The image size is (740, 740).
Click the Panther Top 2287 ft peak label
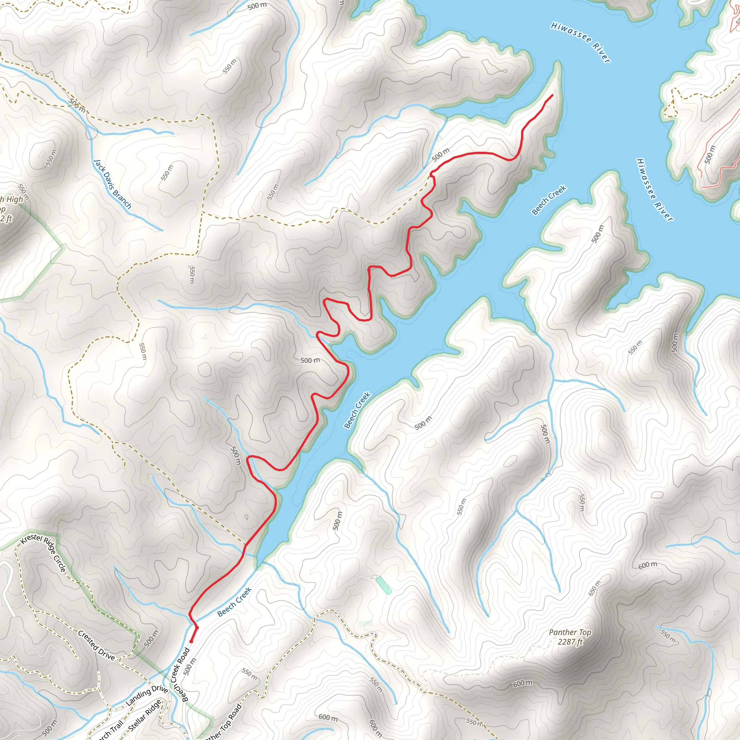pos(570,637)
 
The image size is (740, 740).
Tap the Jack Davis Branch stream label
pos(112,184)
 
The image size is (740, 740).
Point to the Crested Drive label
pos(96,645)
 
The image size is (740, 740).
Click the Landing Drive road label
pos(147,695)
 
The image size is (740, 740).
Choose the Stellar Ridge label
pos(145,715)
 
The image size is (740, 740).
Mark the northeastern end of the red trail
pos(552,95)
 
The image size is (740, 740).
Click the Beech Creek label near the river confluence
pos(549,200)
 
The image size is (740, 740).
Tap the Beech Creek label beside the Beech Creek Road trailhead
pos(235,602)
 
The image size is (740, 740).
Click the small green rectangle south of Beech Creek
pos(383,585)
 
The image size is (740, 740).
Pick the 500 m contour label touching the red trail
pos(440,154)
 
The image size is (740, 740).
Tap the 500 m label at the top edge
pos(257,6)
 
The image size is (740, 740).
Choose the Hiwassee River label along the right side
pos(654,190)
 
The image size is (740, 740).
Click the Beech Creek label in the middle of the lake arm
pos(357,409)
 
